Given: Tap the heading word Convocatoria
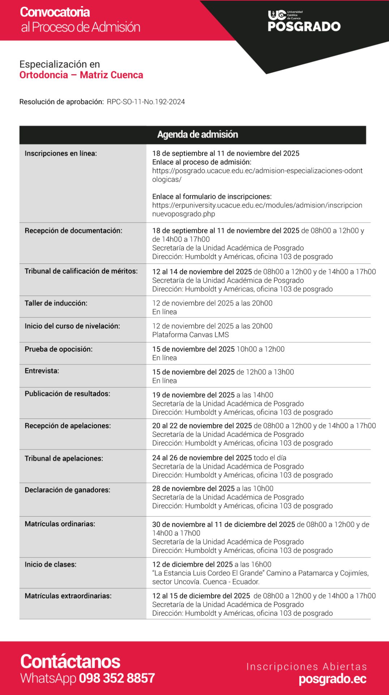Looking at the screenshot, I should tap(55, 12).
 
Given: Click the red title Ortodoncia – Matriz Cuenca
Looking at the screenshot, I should tap(81, 75).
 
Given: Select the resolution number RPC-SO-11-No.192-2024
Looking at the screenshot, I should tap(146, 102).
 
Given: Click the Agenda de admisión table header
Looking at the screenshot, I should tap(197, 135).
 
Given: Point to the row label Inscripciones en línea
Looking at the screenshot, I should tap(61, 153).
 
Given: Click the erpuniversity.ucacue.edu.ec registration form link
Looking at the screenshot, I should tap(257, 210).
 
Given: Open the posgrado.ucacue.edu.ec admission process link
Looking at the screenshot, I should tap(257, 175).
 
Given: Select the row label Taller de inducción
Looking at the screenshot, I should tap(56, 303).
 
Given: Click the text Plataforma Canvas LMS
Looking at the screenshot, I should tap(191, 335).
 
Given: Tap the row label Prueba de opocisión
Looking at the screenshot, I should tap(59, 349).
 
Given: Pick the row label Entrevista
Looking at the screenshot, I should tap(42, 371).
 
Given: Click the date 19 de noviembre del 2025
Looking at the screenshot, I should tap(193, 395).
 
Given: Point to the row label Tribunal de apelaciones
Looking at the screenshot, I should tap(64, 459).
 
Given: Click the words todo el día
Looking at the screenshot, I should tap(270, 458).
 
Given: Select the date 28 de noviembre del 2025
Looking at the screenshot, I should tap(193, 489).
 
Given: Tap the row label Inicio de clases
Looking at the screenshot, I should tap(51, 565).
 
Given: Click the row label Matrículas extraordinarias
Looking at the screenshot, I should tap(68, 596).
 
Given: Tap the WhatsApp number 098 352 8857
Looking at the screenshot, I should tap(117, 678).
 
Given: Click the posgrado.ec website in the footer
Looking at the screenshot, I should tap(333, 679).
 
